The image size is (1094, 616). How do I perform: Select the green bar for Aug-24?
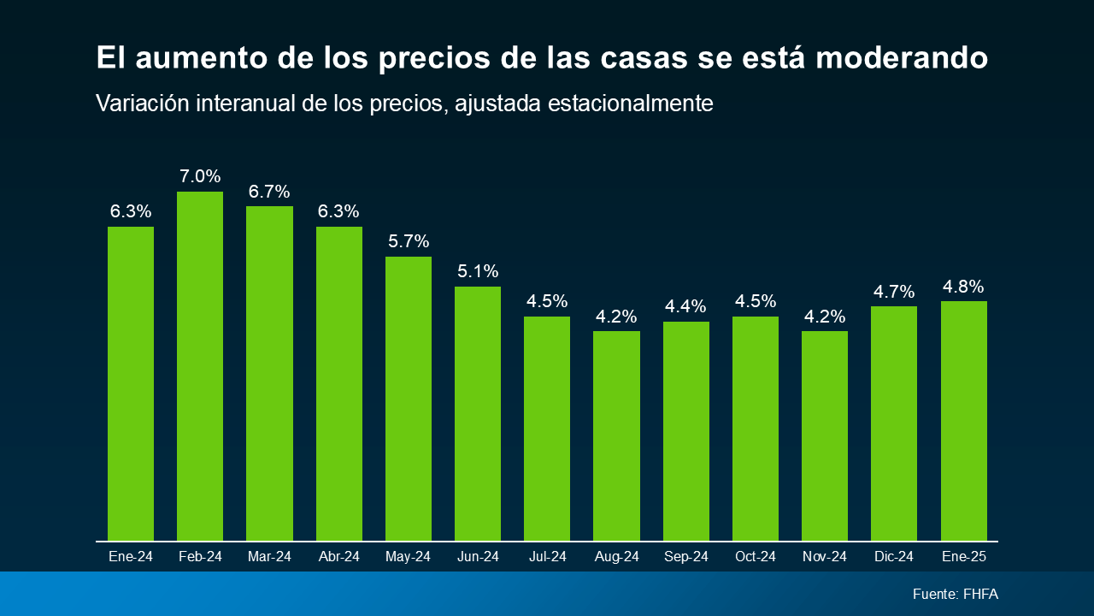tap(616, 435)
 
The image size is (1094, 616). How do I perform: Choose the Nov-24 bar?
tap(825, 435)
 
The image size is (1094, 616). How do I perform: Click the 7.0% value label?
tap(200, 177)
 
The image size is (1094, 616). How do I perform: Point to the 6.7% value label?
tap(269, 192)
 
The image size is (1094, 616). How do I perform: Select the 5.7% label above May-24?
tap(409, 241)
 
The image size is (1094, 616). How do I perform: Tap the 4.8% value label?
tap(963, 287)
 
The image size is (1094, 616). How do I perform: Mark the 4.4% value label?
tap(685, 306)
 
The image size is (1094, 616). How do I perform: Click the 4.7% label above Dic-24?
tap(894, 292)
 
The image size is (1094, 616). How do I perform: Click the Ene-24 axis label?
tap(131, 557)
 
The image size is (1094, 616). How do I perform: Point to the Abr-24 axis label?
tap(338, 557)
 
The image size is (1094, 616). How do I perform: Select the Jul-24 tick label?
tap(547, 557)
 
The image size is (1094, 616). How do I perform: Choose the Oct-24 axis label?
tap(756, 557)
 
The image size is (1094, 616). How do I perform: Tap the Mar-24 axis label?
tap(269, 557)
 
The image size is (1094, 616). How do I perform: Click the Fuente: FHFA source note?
tap(955, 594)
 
